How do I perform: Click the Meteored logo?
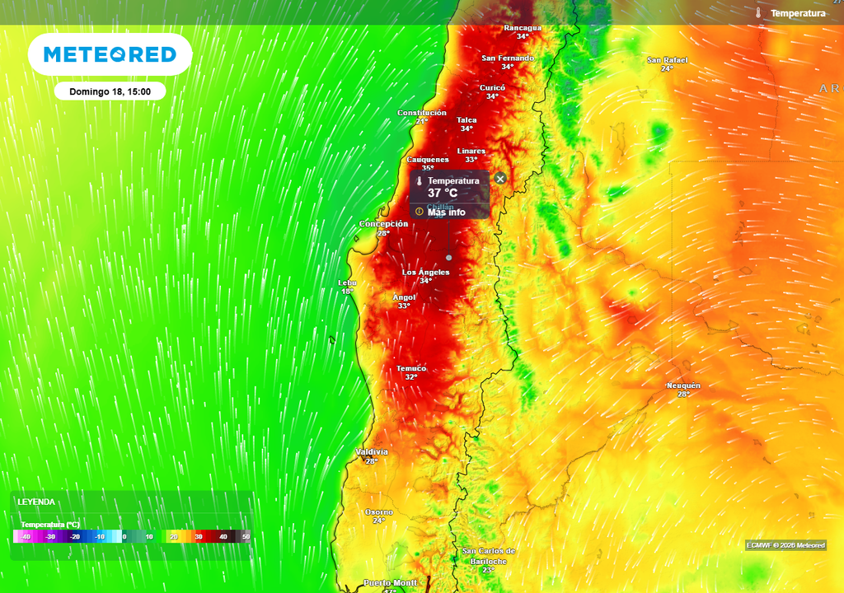[x=110, y=55]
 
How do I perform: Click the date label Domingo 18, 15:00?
[x=110, y=91]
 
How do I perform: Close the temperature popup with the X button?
[x=499, y=179]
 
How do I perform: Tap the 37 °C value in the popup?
[x=442, y=194]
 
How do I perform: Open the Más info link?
[x=446, y=212]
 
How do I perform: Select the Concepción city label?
[x=383, y=224]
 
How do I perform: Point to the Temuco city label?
[x=410, y=368]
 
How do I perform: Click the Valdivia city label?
[x=372, y=452]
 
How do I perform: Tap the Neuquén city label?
[x=683, y=385]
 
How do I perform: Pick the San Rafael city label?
[x=667, y=60]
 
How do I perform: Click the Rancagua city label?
[x=523, y=28]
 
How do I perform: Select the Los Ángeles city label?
[x=425, y=272]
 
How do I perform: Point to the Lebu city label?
[x=347, y=282]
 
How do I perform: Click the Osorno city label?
[x=378, y=511]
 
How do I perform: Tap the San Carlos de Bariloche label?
[x=488, y=556]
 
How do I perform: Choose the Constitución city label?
[x=421, y=113]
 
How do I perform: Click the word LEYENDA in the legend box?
[x=36, y=502]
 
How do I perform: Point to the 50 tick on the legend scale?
[x=246, y=537]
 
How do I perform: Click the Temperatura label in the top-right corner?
[x=797, y=13]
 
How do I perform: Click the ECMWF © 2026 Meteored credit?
[x=785, y=545]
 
